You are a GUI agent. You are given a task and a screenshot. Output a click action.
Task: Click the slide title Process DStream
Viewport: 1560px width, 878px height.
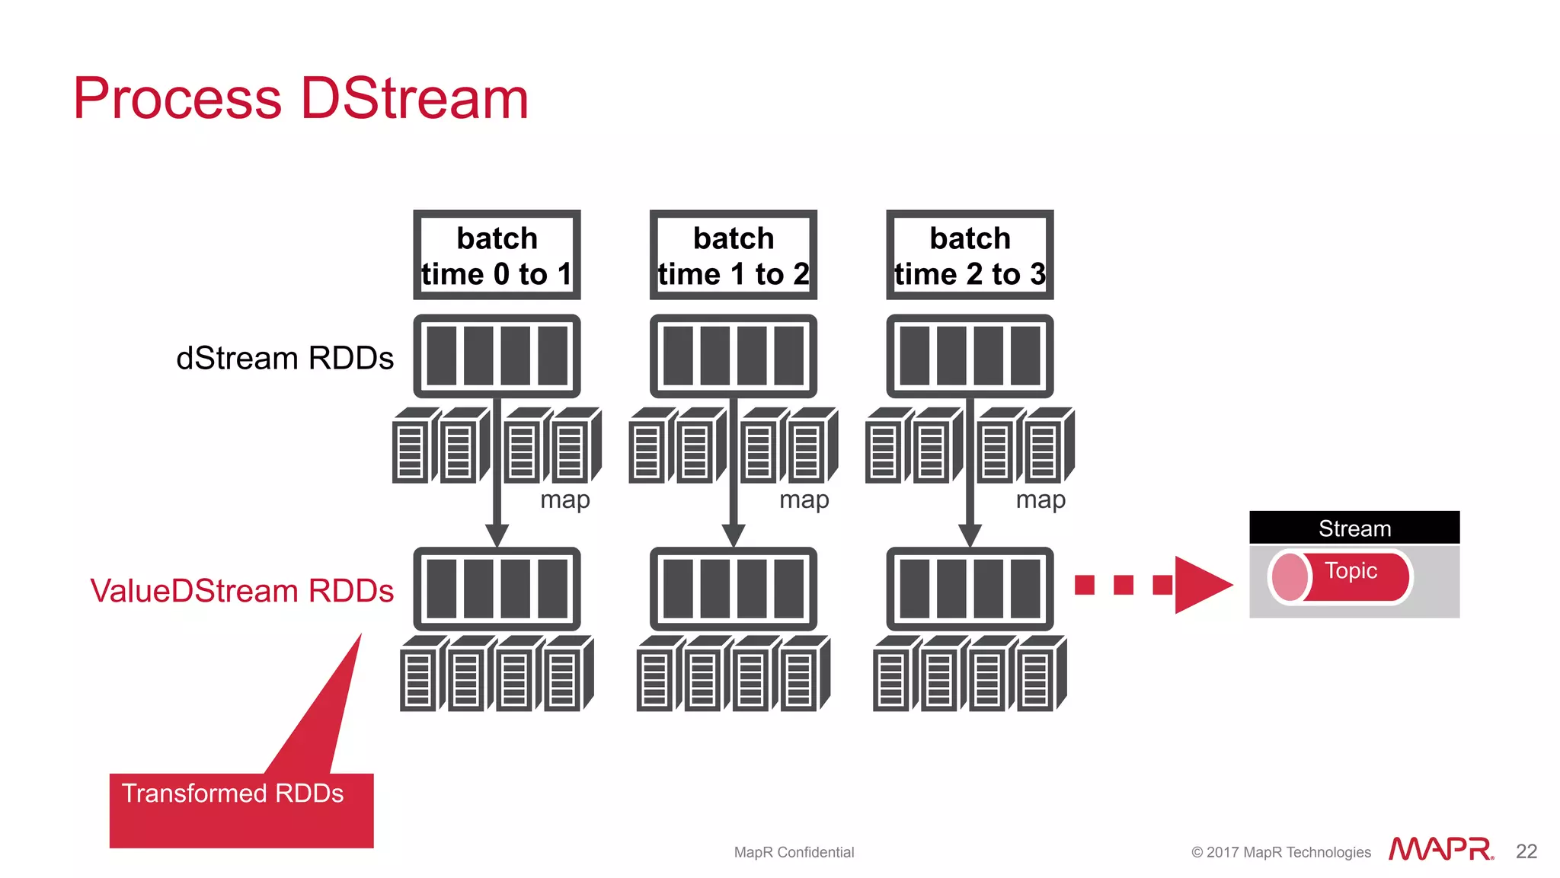pos(301,99)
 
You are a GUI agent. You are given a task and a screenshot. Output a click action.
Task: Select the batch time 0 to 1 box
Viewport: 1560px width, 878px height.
pos(497,256)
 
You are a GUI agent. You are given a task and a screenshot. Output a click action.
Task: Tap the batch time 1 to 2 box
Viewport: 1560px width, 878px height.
pos(733,256)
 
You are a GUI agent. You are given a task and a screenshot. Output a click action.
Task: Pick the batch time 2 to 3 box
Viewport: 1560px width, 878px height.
pos(970,256)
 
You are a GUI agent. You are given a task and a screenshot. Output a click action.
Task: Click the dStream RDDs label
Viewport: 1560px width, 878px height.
pos(284,358)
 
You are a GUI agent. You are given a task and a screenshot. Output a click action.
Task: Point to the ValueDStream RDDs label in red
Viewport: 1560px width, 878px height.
pos(241,591)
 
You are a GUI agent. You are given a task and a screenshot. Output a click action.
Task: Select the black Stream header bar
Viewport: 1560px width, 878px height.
pos(1354,528)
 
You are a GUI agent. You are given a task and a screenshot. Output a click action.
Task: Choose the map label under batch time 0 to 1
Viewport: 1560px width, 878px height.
pos(564,500)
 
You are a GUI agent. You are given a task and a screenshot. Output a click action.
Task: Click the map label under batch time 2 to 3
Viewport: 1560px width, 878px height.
pos(1040,500)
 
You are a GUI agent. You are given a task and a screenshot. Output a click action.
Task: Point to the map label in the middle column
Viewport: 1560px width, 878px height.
pos(804,500)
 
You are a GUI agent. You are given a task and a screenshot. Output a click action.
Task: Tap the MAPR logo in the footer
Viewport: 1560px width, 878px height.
pos(1440,849)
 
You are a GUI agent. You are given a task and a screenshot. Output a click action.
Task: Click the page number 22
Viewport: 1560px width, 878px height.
pos(1526,851)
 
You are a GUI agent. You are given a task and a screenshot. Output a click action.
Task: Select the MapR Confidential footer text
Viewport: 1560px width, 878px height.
pos(794,852)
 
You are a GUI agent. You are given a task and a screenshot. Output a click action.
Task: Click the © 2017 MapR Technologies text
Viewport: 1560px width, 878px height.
pos(1280,852)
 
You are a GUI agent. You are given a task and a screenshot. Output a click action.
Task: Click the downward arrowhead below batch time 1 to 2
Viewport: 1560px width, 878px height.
pos(733,535)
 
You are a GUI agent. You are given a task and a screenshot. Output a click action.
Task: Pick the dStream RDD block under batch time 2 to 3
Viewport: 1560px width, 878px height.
pos(970,356)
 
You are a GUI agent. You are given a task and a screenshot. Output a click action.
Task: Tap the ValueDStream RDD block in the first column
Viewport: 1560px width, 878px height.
pos(497,589)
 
